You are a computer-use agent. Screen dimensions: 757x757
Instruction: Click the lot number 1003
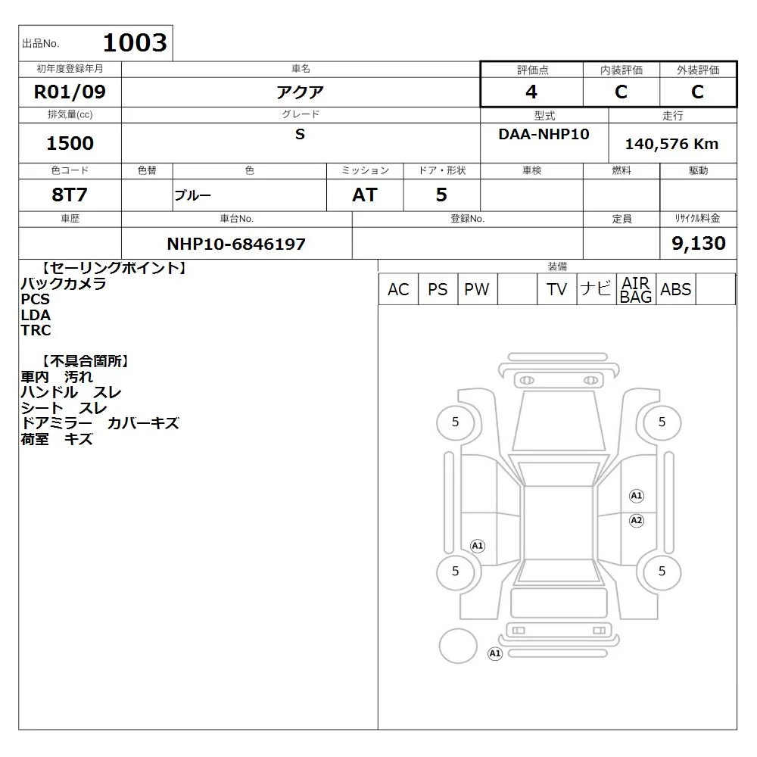point(136,42)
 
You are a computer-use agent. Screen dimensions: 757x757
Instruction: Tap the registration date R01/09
point(70,92)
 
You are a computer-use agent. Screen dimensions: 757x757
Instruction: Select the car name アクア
point(300,92)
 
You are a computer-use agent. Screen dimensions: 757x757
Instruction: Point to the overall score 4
point(531,92)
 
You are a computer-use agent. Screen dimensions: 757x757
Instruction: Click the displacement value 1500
point(70,143)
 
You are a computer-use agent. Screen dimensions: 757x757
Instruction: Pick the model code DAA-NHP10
point(544,134)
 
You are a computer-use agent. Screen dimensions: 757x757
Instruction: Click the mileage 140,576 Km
point(671,144)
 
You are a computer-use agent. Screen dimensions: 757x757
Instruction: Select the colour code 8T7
point(70,195)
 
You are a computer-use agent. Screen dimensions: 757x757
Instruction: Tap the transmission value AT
point(365,195)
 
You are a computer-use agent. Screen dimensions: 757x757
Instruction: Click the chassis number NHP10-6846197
point(236,244)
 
